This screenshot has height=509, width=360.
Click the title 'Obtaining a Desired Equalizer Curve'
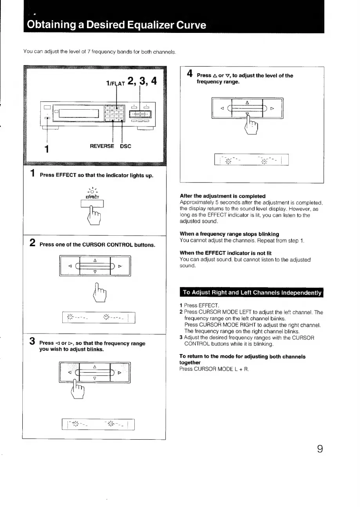[x=116, y=25]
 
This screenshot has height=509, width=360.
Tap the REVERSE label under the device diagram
[x=102, y=146]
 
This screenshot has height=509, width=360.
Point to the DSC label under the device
[x=125, y=146]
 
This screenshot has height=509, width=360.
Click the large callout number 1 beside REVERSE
[x=47, y=149]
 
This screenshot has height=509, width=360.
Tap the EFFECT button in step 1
[x=92, y=204]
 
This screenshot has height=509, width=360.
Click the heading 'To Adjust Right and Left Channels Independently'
[x=251, y=292]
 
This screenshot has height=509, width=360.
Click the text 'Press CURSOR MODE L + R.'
[x=208, y=369]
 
